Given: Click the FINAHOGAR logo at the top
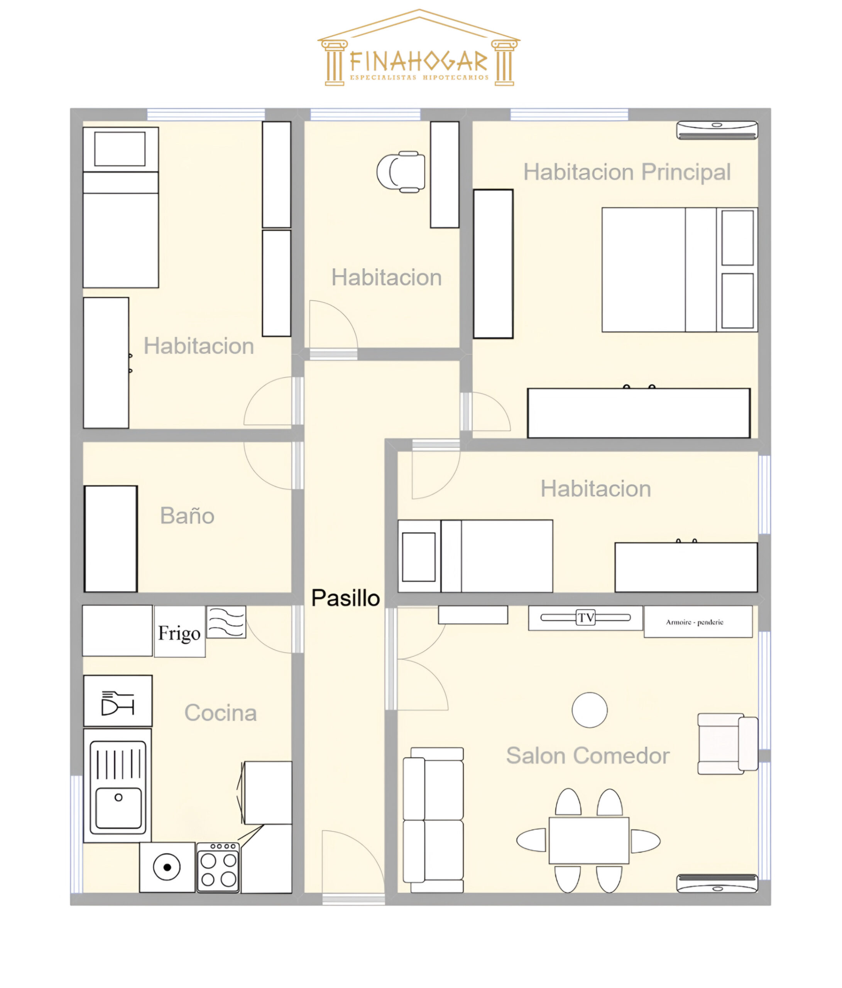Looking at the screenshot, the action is click(x=419, y=48).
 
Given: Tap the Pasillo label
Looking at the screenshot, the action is click(x=346, y=598).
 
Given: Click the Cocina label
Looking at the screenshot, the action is click(x=220, y=713).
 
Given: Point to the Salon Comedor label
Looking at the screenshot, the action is click(x=587, y=755).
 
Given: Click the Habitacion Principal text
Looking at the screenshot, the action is click(x=627, y=172).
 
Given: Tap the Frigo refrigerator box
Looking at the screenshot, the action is click(x=180, y=632).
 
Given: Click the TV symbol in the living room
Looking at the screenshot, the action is click(x=585, y=618).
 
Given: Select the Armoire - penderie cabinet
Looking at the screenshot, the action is click(x=698, y=622).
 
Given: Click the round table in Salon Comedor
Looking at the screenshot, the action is click(x=590, y=710).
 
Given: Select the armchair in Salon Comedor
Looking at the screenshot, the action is click(x=727, y=744).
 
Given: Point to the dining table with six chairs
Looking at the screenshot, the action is click(x=589, y=840).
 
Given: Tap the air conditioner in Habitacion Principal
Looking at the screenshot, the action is click(x=717, y=130).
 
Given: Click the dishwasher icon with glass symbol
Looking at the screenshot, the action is click(x=118, y=700).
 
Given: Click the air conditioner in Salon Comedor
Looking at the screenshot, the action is click(x=717, y=883).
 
